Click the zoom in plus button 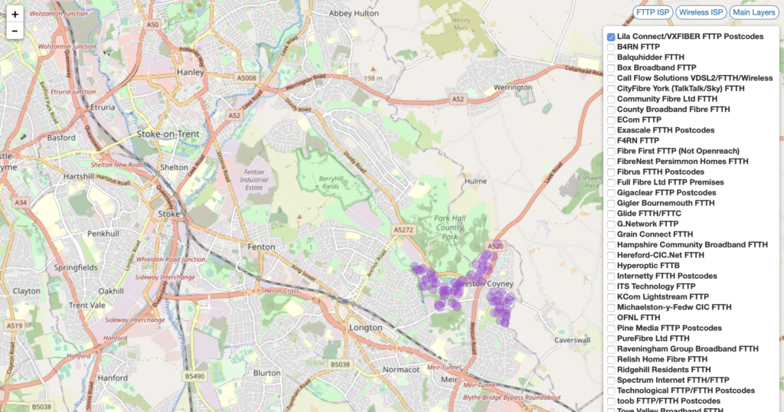[15, 15]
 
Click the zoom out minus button [15, 31]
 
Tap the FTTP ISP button [653, 12]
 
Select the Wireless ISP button [701, 12]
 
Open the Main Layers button [753, 12]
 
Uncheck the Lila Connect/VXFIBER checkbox [611, 37]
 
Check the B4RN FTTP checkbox [611, 47]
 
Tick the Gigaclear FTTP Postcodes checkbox [611, 193]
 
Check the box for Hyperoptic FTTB [611, 266]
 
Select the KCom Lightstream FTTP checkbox [611, 296]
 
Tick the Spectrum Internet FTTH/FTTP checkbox [611, 380]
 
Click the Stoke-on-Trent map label [167, 134]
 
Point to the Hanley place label [169, 73]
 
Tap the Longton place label [364, 328]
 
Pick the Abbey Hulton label [353, 14]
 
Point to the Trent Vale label [86, 306]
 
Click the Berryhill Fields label [331, 181]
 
